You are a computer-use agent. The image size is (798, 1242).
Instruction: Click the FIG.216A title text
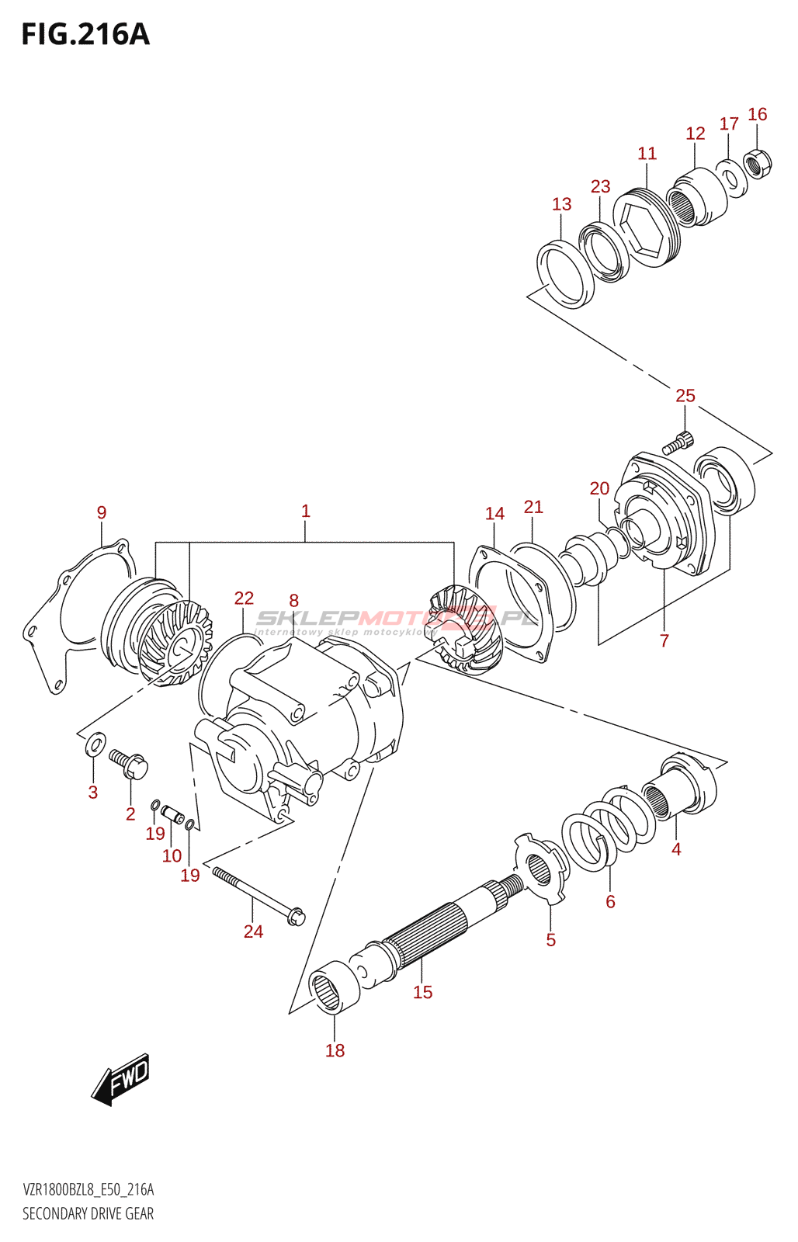point(85,35)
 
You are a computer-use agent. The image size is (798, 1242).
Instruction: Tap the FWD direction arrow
point(120,1078)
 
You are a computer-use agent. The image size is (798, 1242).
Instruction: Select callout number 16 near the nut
point(757,115)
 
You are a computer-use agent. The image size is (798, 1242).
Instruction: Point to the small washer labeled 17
point(730,179)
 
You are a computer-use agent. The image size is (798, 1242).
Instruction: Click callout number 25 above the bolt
point(685,396)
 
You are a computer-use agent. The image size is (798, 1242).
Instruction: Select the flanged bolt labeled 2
point(129,765)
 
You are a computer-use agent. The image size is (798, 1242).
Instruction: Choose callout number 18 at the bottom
point(335,1050)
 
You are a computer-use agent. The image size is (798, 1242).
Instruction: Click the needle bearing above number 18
point(335,986)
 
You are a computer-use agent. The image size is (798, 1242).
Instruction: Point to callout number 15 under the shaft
point(422,992)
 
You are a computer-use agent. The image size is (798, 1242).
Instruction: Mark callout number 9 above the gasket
point(102,512)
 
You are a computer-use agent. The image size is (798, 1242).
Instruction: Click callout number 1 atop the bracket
point(305,511)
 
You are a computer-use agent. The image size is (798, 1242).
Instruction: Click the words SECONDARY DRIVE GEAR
point(88,1213)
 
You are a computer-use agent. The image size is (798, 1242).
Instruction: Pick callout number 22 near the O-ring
point(244,598)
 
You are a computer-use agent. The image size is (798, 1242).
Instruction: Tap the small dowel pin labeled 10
point(172,815)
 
